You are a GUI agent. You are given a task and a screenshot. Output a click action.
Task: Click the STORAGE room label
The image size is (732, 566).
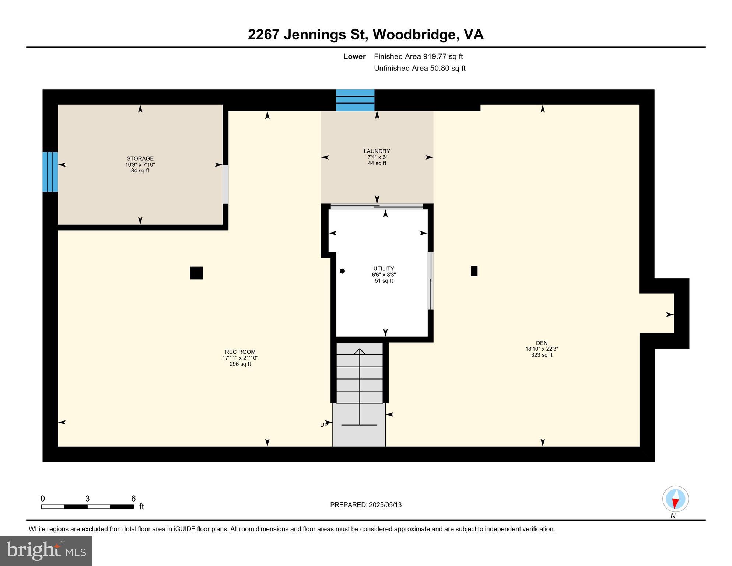[x=140, y=159]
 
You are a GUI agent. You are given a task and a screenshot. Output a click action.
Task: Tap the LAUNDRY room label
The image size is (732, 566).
[x=376, y=151]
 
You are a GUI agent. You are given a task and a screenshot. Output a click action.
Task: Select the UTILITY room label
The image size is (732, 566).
[x=383, y=269]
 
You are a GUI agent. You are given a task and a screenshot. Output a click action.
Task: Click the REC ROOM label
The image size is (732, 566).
[x=240, y=352]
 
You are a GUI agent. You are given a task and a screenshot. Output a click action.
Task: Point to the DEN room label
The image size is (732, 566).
[x=542, y=343]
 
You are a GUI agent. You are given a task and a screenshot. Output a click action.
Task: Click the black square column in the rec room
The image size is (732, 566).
[x=196, y=273]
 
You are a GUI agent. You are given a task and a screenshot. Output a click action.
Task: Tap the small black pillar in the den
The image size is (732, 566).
[x=474, y=271]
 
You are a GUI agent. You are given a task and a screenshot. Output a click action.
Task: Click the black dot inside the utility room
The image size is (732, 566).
[x=342, y=271]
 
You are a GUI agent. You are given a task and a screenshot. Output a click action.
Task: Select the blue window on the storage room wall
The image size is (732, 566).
[x=50, y=172]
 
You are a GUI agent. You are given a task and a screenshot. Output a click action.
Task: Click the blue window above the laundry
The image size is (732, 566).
[x=355, y=100]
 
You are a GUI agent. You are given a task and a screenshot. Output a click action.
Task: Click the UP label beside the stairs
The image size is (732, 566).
[x=323, y=425]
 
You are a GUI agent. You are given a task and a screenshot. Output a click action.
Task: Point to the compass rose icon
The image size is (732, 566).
[x=675, y=499]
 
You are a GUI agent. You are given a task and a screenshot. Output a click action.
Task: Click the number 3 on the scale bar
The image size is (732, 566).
[x=87, y=499]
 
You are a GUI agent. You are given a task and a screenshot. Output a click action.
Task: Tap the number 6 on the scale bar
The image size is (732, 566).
[x=133, y=499]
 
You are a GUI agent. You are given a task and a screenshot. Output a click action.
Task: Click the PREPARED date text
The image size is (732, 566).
[x=366, y=505]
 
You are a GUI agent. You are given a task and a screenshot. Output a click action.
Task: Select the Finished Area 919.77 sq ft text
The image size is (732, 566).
[x=418, y=56]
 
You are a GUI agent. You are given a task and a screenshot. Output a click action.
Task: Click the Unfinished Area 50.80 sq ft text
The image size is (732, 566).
[x=420, y=68]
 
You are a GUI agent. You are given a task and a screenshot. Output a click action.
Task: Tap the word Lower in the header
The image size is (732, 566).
[x=354, y=56]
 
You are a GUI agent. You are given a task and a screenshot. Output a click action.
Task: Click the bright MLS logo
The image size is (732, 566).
[x=46, y=551]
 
